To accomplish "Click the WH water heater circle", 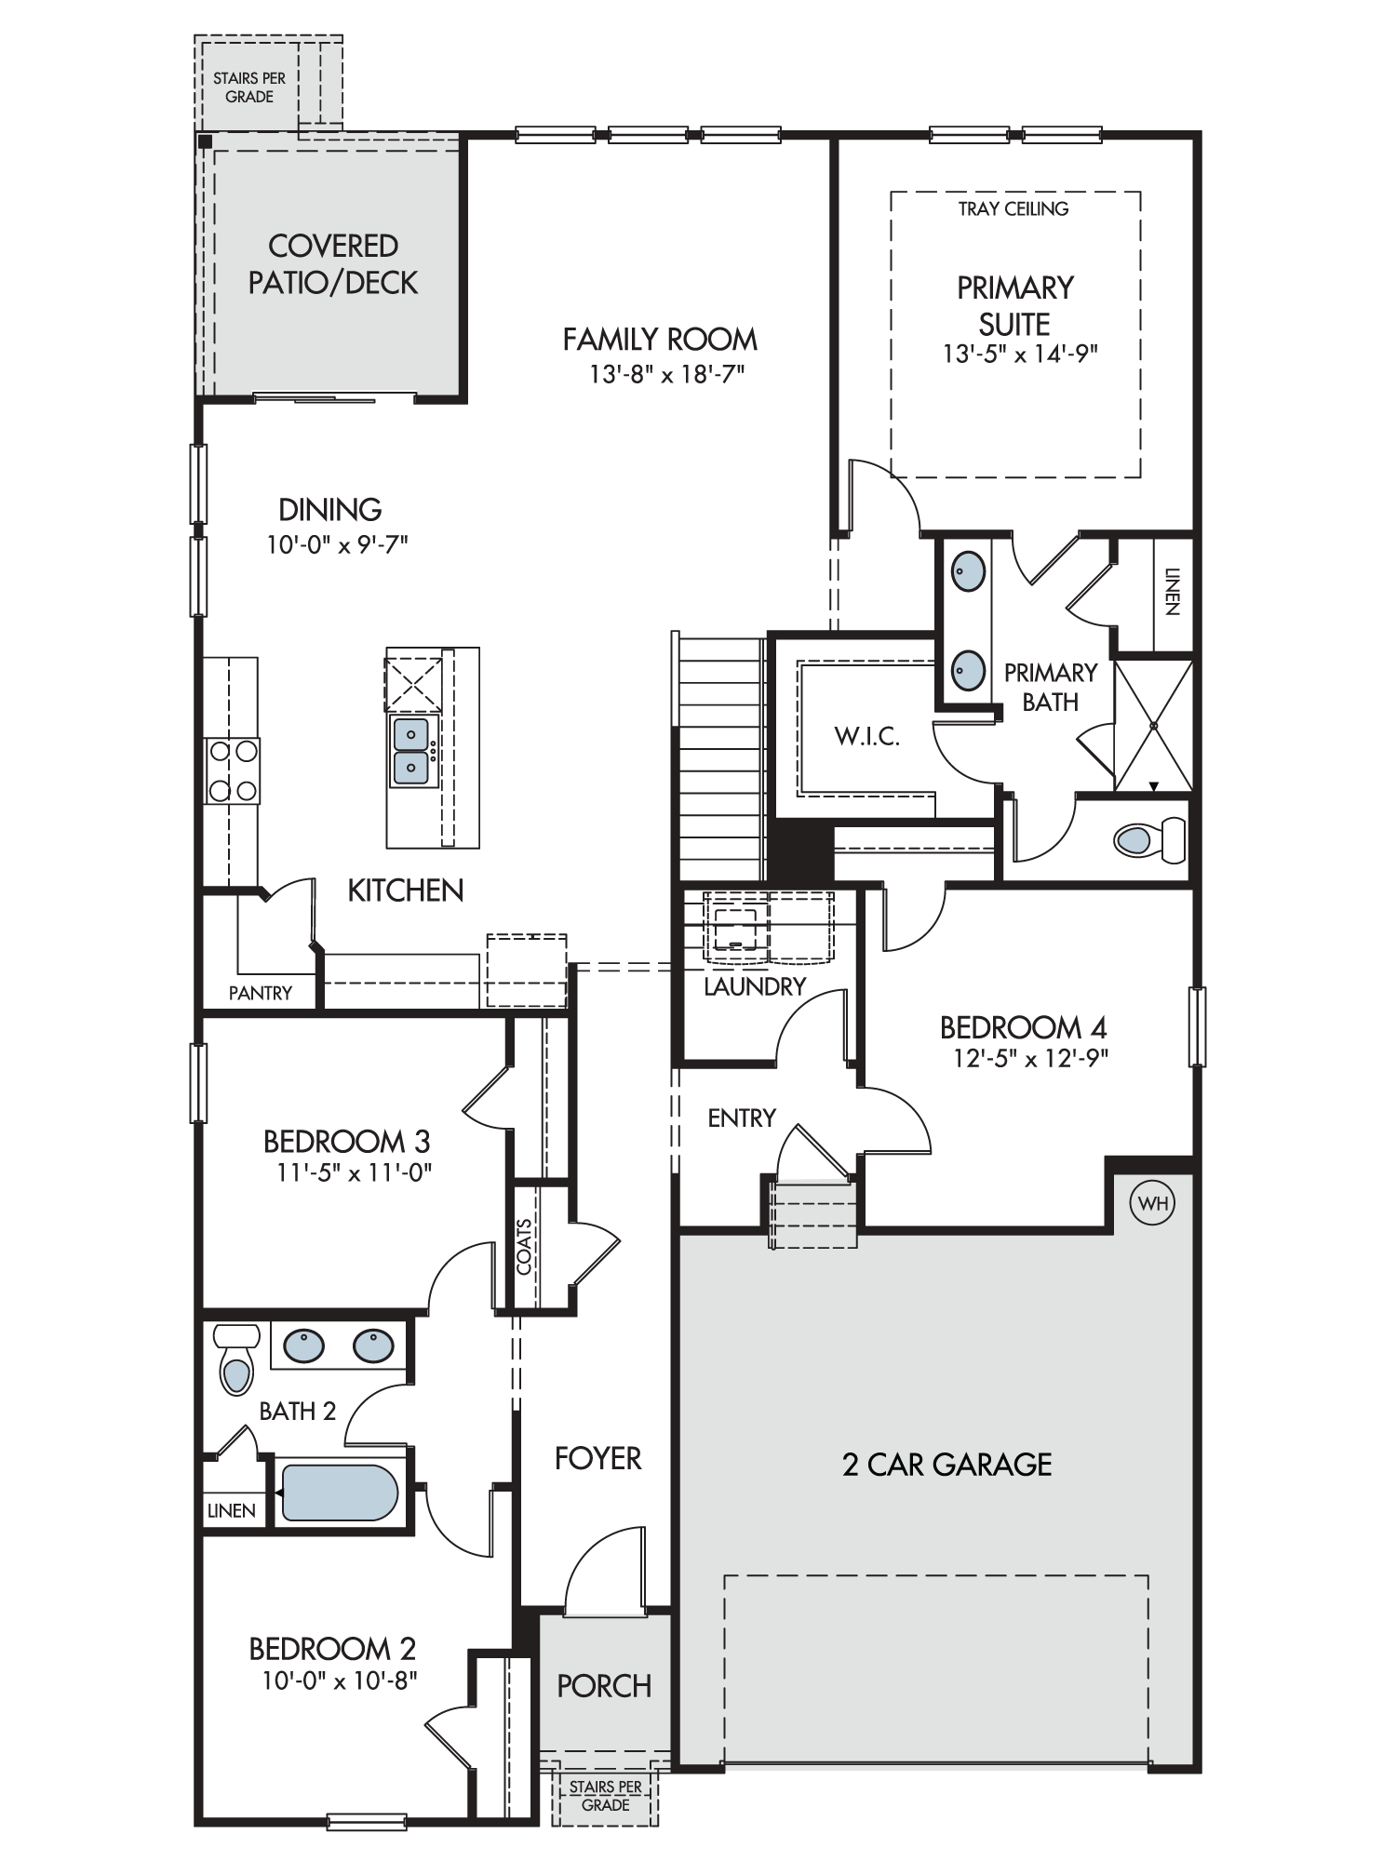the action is click(1152, 1203).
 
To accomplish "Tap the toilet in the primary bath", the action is click(1150, 840).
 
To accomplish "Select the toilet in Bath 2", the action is click(236, 1359).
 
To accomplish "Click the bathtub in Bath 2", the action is click(340, 1493).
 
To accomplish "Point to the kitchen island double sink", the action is click(411, 751).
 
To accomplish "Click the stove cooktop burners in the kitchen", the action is click(233, 770).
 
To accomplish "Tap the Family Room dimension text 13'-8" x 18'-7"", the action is click(667, 374).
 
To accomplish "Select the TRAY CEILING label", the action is click(1013, 208).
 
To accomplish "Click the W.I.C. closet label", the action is click(866, 737).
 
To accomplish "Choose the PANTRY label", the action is click(261, 993).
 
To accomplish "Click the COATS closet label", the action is click(524, 1246).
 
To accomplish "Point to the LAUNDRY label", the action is click(755, 986).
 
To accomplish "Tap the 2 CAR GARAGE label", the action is click(947, 1465).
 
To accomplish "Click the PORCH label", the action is click(604, 1685).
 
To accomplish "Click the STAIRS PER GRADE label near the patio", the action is click(249, 87).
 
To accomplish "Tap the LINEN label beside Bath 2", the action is click(231, 1510).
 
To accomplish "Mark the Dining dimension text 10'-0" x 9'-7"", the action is click(337, 544).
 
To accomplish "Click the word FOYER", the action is click(597, 1458).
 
